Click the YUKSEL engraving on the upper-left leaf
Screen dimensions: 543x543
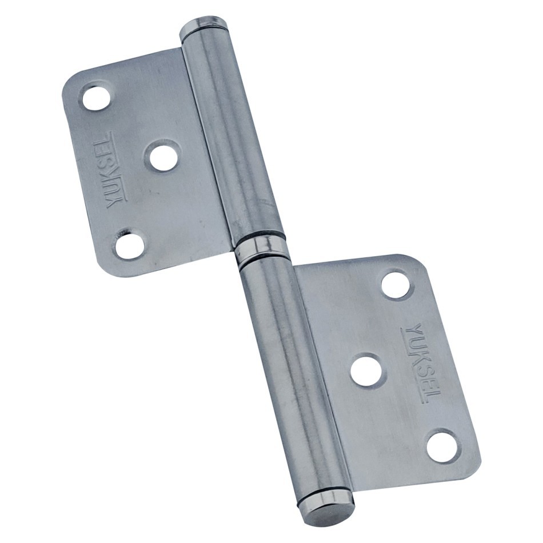(x=115, y=170)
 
